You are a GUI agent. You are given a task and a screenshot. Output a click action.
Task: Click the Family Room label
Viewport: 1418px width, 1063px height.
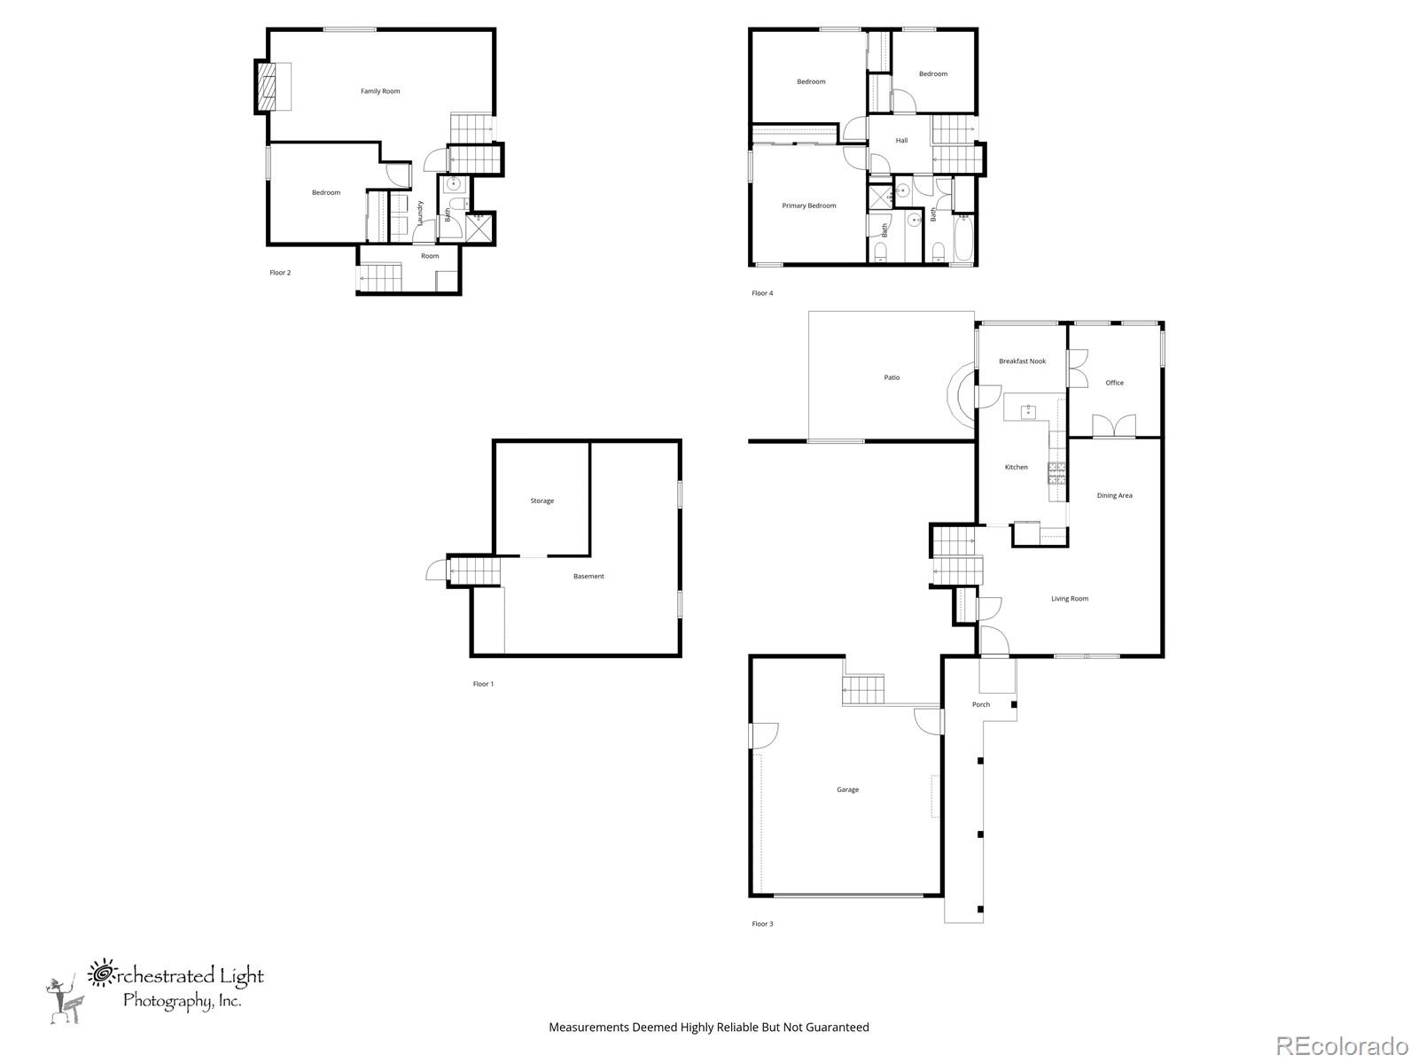coord(380,91)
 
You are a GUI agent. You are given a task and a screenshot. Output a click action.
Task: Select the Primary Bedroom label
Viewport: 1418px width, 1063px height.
coord(809,206)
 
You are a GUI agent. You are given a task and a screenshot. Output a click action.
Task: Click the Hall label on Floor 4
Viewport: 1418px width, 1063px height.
coord(901,140)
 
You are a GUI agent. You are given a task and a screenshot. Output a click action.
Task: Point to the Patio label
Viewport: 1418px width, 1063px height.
coord(892,377)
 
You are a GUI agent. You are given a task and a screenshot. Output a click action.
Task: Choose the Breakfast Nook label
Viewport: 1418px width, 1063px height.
coord(1022,361)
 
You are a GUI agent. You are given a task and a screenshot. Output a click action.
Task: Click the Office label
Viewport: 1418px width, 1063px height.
coord(1114,382)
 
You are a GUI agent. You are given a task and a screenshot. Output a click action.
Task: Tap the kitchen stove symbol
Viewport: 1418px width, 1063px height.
coord(1056,473)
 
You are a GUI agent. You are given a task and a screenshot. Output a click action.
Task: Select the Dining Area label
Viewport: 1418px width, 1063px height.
coord(1114,495)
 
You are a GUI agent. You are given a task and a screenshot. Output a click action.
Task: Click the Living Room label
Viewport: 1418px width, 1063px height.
coord(1069,598)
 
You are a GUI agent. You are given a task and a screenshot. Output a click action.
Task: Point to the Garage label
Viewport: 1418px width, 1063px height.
coord(847,789)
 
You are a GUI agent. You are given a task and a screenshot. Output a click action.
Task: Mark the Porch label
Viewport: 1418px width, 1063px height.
coord(981,704)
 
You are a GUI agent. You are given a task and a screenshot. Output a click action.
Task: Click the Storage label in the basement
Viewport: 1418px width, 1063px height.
coord(542,500)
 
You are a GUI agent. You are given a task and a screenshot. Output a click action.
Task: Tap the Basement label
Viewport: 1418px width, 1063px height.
coord(588,576)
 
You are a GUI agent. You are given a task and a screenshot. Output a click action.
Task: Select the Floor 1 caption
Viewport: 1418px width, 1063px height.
coord(483,684)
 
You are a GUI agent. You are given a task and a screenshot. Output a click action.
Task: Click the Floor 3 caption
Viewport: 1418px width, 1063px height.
coord(762,924)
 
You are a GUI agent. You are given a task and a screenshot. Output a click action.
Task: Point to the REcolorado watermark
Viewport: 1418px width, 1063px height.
coord(1342,1044)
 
